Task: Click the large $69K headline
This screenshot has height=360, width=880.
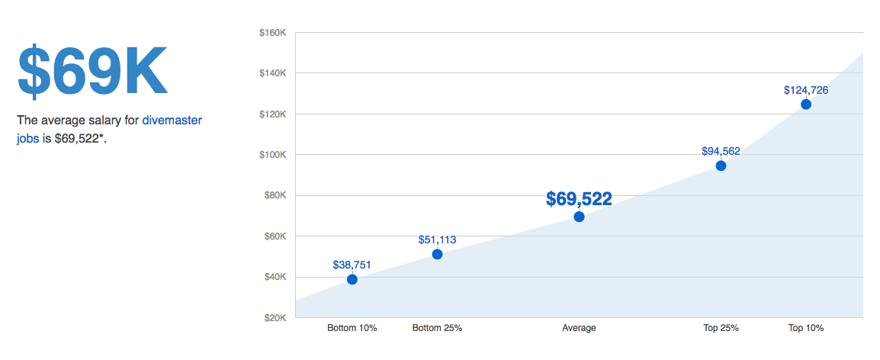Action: (92, 72)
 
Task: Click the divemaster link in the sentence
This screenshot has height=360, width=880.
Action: (172, 121)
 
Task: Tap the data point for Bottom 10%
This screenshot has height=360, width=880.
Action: (352, 279)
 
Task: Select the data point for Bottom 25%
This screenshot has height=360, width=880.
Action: (437, 254)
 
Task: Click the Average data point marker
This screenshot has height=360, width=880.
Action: (579, 217)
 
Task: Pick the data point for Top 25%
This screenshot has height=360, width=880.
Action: (721, 166)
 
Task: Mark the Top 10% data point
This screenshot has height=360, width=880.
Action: (806, 104)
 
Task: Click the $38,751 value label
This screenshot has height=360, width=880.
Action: (352, 265)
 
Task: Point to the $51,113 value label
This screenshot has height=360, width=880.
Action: (437, 239)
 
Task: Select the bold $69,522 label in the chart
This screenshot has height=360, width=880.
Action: (579, 199)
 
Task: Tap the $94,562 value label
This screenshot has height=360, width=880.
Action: (721, 151)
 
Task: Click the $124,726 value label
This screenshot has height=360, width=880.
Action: (806, 90)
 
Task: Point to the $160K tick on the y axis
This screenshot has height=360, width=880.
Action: (272, 33)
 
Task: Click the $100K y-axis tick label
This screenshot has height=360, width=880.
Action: (272, 155)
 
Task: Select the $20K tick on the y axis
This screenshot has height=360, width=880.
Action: (275, 317)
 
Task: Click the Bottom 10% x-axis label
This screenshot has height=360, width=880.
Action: (352, 328)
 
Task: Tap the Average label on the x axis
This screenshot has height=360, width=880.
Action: (579, 328)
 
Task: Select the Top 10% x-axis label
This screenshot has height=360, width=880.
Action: (806, 328)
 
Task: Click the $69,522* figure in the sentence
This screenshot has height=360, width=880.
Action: (79, 140)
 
